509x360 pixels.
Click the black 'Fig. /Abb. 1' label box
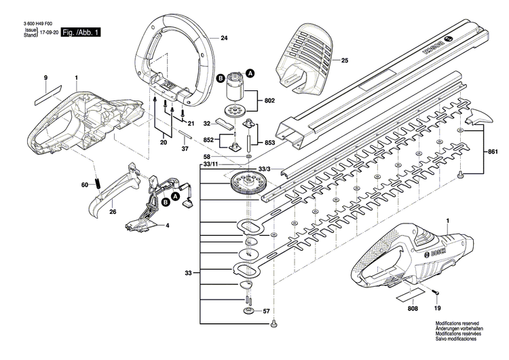click(80, 32)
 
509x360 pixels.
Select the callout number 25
click(344, 61)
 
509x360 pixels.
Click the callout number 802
click(269, 100)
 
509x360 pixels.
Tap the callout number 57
click(266, 311)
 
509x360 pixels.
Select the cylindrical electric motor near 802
click(237, 87)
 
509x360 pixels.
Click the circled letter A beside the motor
click(250, 73)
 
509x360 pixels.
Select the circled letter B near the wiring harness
click(165, 202)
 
